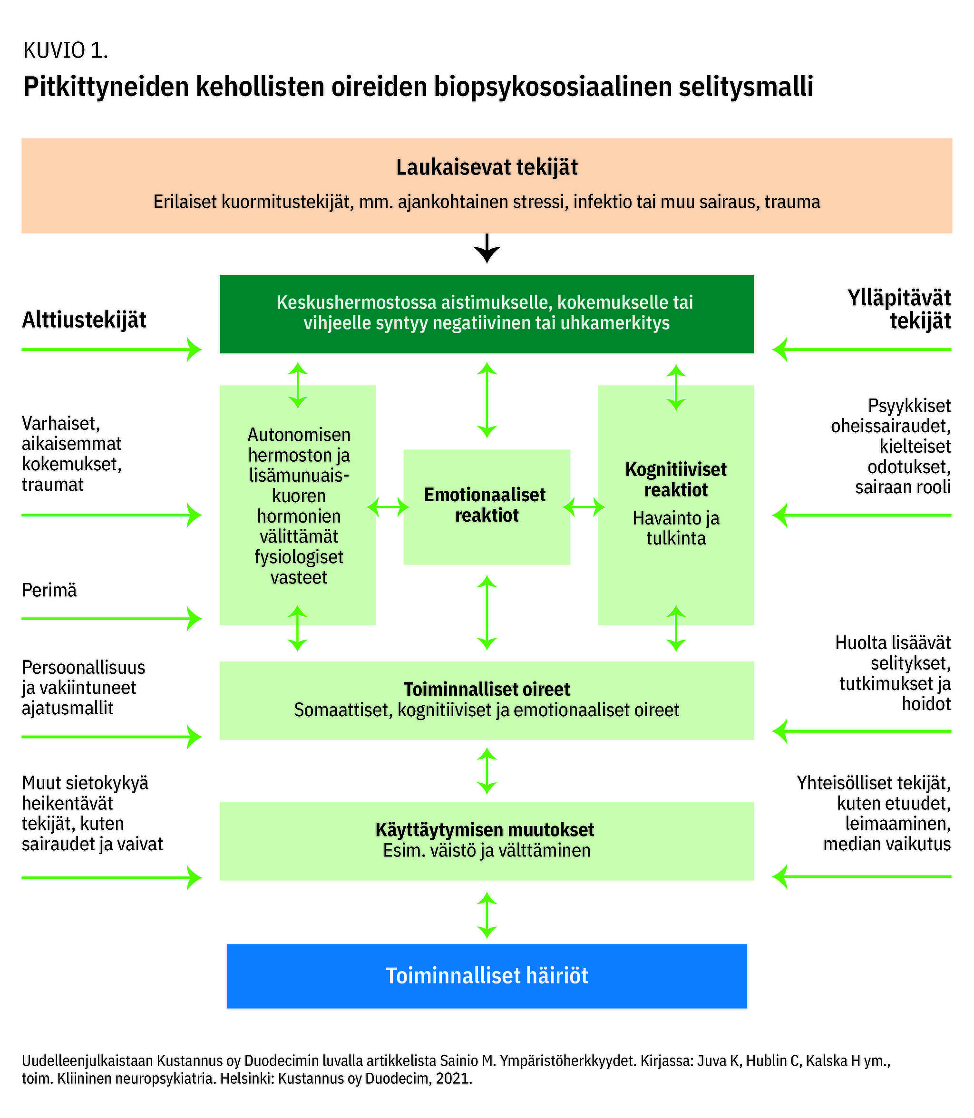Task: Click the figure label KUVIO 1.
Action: click(x=65, y=50)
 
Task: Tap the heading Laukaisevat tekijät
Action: click(x=487, y=167)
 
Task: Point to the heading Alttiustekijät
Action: click(x=84, y=320)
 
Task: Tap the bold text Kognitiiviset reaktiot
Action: click(x=676, y=479)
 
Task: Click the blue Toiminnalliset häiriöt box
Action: click(x=487, y=976)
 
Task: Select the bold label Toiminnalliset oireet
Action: click(x=487, y=689)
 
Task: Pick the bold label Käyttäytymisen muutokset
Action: click(x=484, y=830)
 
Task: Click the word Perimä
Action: click(x=49, y=590)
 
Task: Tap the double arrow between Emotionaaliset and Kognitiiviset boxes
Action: click(x=584, y=507)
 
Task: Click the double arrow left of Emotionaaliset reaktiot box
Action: click(x=388, y=507)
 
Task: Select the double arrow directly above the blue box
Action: click(x=487, y=915)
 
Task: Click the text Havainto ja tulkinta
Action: click(x=676, y=528)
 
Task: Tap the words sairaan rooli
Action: click(x=903, y=487)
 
